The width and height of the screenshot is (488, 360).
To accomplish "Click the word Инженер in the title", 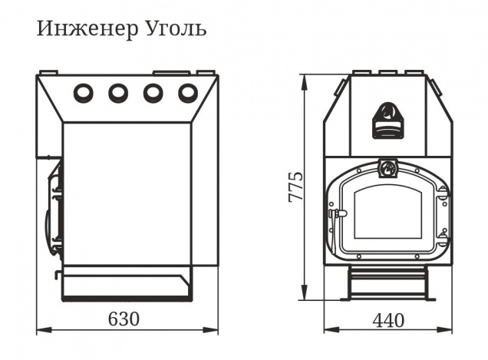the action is [x=87, y=29].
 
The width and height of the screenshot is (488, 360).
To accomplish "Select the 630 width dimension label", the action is [x=124, y=319].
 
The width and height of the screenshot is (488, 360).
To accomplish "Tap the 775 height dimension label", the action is [x=295, y=187].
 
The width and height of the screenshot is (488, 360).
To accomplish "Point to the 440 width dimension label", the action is [x=389, y=320].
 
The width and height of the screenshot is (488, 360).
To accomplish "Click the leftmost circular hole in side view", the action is [x=84, y=92].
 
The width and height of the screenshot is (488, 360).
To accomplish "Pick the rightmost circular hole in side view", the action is [x=188, y=92].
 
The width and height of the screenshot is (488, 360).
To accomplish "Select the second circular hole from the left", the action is [x=118, y=92].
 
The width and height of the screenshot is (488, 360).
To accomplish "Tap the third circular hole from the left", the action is [x=153, y=92].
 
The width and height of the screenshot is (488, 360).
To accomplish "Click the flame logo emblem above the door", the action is [x=387, y=168].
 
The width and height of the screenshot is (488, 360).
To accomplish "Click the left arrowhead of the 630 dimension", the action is [x=44, y=330].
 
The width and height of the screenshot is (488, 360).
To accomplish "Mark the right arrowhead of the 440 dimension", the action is [x=444, y=330].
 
